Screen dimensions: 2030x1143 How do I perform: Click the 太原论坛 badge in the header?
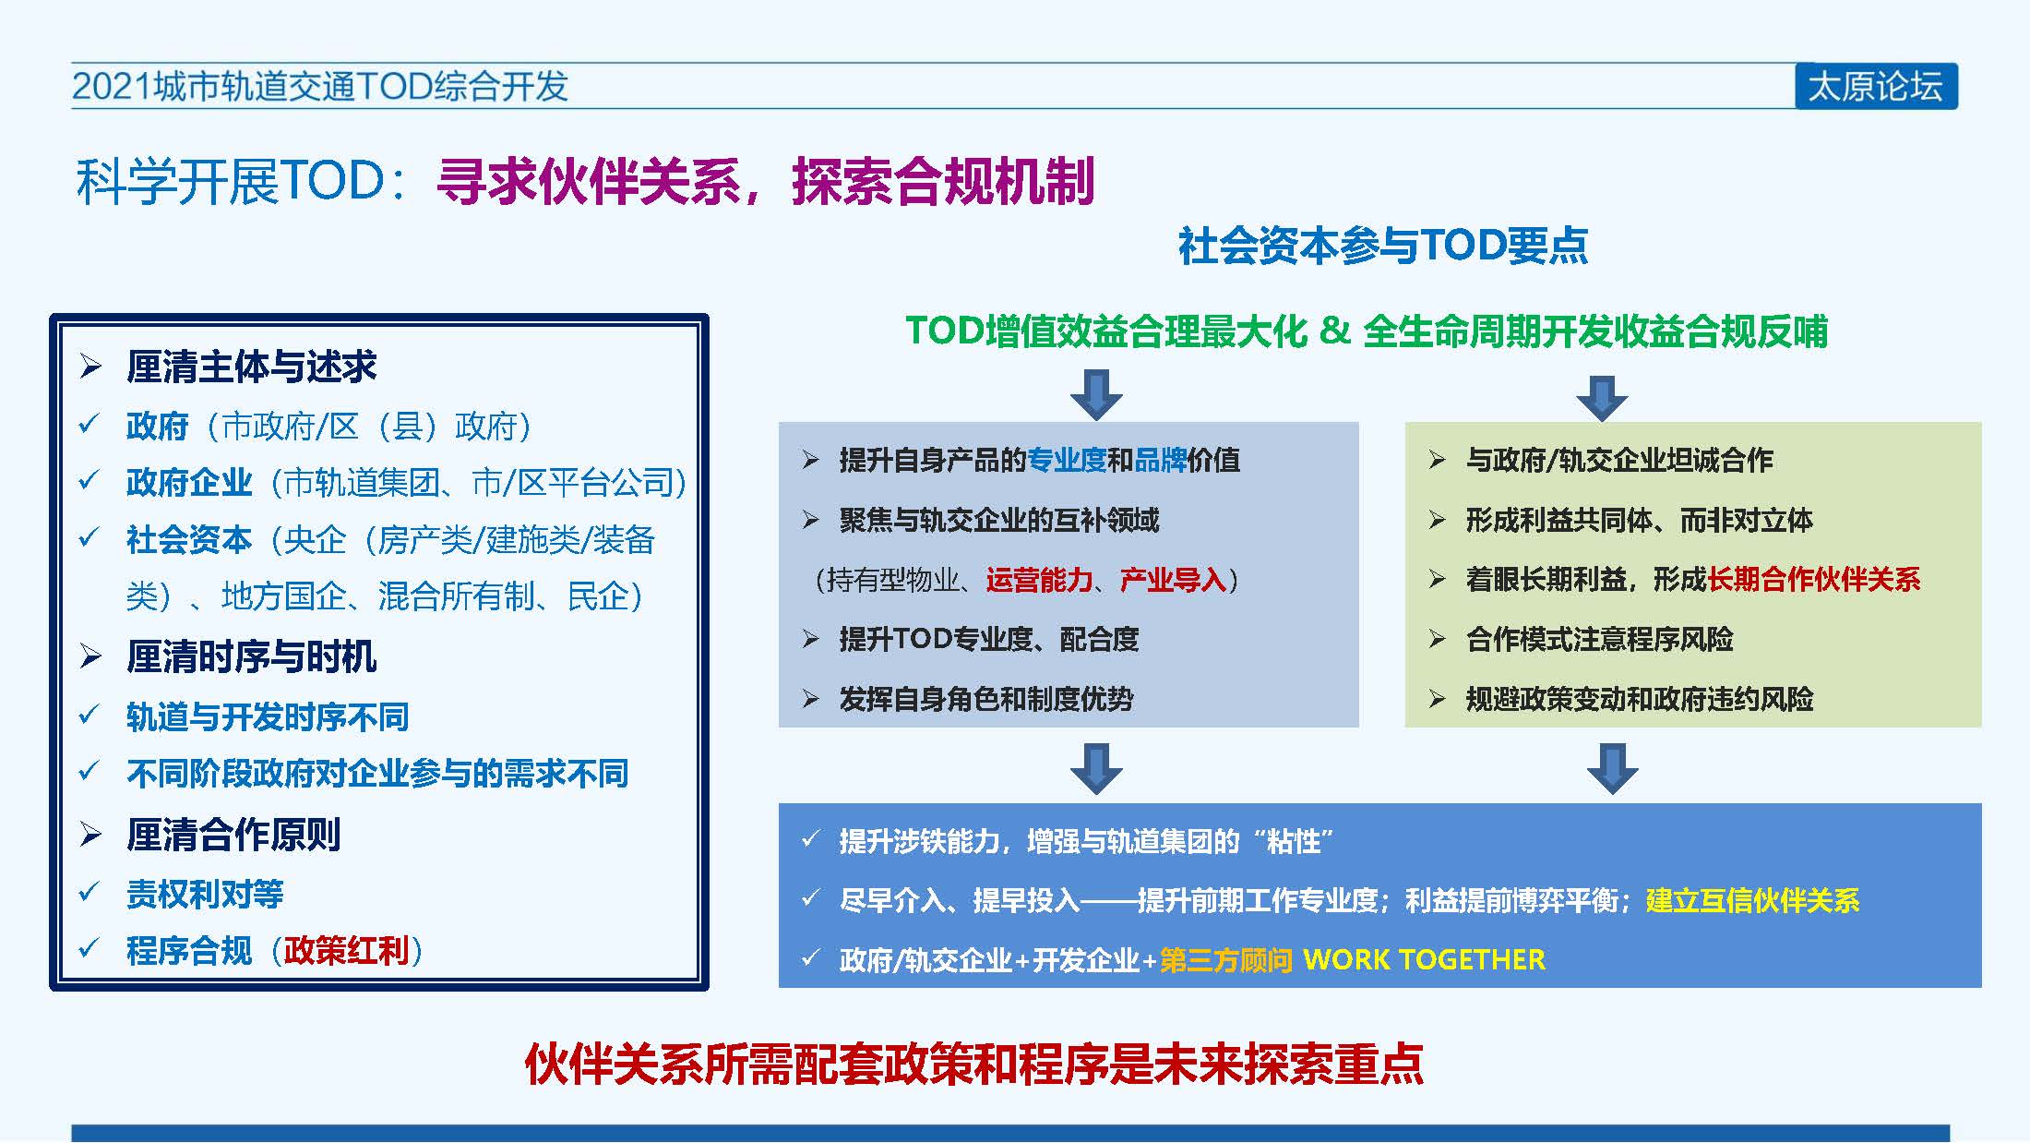1876,87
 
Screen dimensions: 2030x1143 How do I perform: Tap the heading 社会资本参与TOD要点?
1383,246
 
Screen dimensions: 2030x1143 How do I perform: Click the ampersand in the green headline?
1334,330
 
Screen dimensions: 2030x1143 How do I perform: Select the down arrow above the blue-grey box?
1096,395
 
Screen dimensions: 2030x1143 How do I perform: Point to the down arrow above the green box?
1602,398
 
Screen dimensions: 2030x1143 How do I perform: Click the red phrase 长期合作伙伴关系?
1814,580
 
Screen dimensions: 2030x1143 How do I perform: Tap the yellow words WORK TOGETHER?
1424,960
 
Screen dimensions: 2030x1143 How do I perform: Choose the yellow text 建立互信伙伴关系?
1753,900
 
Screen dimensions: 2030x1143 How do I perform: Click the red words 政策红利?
346,950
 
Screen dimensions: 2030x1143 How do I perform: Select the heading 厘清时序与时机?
251,657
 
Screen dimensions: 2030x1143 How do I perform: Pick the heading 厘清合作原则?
233,835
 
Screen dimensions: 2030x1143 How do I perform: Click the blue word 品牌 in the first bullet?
1160,460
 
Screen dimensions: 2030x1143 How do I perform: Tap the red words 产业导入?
1173,580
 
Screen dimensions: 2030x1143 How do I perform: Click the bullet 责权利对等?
205,894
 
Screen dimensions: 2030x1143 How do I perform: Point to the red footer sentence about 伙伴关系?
974,1064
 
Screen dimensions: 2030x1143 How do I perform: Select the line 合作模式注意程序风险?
1600,639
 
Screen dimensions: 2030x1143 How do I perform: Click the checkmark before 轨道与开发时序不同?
90,716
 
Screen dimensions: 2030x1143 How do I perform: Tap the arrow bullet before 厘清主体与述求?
90,367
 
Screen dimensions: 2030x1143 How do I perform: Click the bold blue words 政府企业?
189,482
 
